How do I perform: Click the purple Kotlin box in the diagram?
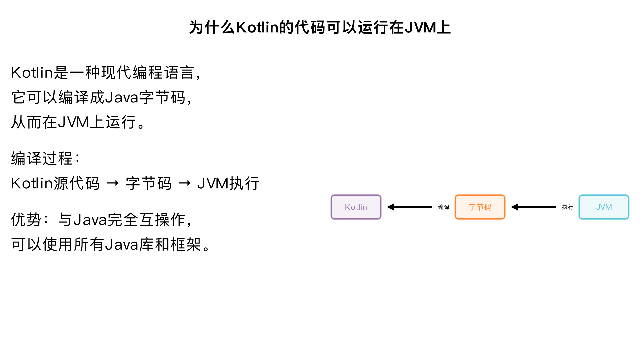pos(356,207)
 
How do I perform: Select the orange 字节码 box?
pos(480,207)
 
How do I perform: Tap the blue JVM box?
pos(604,207)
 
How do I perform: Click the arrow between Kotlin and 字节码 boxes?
pos(410,207)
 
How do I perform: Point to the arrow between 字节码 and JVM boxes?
pos(534,207)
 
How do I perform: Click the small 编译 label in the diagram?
pos(444,207)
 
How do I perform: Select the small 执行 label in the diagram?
pos(568,207)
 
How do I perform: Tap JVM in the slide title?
pos(421,27)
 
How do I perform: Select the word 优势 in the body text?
pos(26,220)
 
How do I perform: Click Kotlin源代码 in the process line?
pos(55,183)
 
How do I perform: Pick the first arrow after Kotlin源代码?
pos(113,183)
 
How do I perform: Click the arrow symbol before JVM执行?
pos(185,183)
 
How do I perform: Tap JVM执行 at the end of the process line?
pos(228,183)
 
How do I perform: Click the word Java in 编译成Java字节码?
pos(122,97)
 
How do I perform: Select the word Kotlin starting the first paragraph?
pos(32,73)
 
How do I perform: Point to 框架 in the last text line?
pos(186,244)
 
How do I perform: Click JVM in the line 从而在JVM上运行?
pos(73,122)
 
